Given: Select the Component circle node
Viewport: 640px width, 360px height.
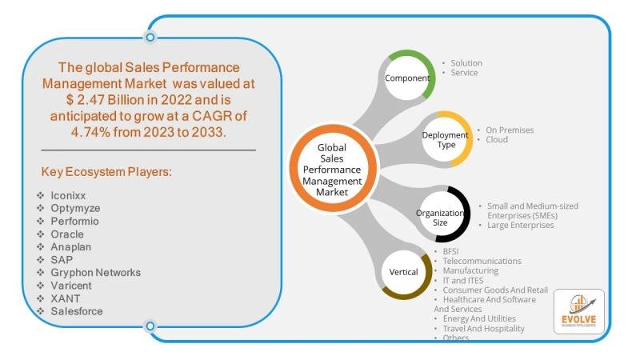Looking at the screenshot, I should click(407, 78).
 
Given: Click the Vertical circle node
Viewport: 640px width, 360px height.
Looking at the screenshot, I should click(404, 272).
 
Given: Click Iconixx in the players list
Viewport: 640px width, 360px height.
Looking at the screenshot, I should click(70, 195).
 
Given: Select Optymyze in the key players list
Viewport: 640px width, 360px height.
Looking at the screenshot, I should click(75, 208).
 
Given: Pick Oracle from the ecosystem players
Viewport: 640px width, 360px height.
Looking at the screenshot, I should click(66, 234).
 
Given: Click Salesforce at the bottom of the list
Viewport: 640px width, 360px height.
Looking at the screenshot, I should click(76, 311).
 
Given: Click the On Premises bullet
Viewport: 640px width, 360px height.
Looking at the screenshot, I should click(509, 130).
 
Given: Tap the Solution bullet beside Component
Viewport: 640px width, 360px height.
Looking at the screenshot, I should click(466, 63).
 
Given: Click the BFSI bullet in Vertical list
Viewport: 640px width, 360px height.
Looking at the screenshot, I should click(451, 251).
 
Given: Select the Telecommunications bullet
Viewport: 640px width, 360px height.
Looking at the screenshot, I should click(482, 261).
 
